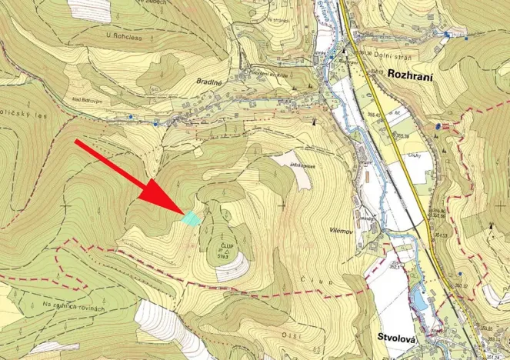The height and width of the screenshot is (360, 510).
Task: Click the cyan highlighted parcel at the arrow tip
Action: coord(191,218)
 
